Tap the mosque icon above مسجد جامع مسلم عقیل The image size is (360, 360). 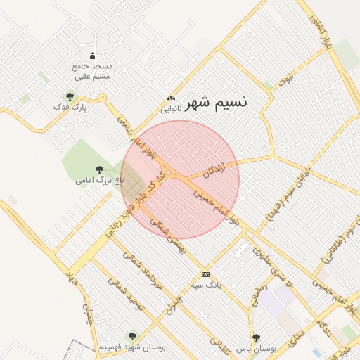[92, 56]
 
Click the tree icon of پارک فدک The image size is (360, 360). [70, 96]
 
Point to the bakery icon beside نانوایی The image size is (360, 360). [170, 98]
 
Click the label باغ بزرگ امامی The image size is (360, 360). [100, 181]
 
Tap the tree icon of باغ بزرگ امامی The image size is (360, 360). [99, 169]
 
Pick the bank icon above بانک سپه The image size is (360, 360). [205, 274]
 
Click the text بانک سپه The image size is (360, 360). [206, 285]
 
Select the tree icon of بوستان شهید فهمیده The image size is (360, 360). [132, 337]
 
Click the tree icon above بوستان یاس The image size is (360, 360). [256, 337]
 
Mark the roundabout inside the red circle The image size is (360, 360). [169, 173]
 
